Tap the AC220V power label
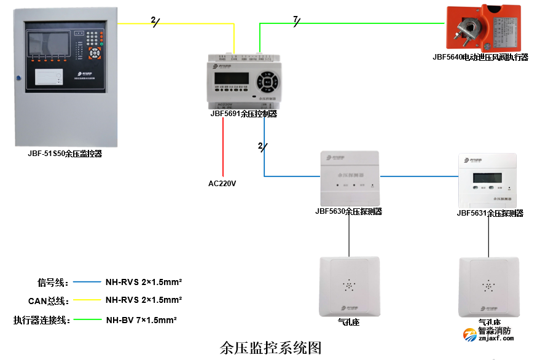point(222,184)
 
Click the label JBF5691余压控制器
point(244,114)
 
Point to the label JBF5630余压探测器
point(348,211)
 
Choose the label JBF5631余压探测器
point(490,213)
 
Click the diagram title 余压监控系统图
point(270,348)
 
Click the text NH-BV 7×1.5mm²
point(141,320)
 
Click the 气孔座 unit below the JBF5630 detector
point(348,286)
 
